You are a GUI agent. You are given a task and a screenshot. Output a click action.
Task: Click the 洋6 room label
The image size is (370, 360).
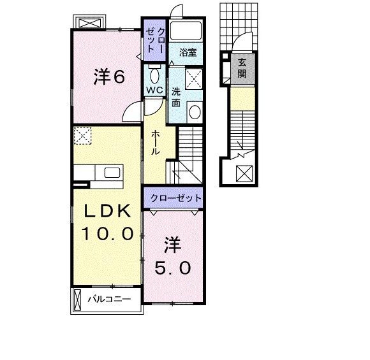(x=109, y=77)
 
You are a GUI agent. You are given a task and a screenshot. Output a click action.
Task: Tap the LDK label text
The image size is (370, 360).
(x=107, y=210)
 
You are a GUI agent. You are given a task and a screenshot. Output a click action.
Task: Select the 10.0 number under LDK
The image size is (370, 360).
(x=107, y=234)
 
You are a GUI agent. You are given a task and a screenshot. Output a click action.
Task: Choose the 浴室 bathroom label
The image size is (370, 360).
(x=187, y=54)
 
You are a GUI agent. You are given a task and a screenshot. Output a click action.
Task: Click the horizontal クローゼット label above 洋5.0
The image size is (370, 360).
(x=176, y=198)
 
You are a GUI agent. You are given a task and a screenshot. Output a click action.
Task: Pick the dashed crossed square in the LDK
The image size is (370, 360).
(x=82, y=135)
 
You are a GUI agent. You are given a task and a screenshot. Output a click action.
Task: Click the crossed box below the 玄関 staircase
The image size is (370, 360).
(x=243, y=173)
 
